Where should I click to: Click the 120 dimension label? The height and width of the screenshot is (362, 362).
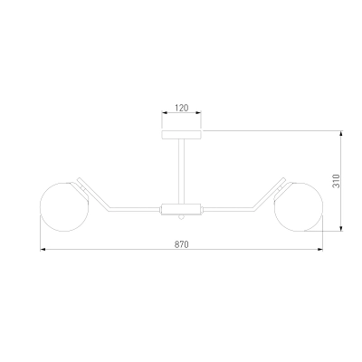(182, 108)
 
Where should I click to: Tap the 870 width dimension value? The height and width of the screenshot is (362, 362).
(182, 244)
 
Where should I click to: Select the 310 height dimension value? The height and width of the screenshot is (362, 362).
(336, 181)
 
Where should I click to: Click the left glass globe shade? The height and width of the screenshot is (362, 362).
(64, 207)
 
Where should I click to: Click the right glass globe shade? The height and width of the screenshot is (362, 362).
(299, 207)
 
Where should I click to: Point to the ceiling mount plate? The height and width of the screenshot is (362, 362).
(182, 135)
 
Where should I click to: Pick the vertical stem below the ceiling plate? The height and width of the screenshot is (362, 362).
(182, 171)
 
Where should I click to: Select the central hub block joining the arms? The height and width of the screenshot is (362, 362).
(181, 209)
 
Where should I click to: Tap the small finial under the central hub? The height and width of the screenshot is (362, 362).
(181, 217)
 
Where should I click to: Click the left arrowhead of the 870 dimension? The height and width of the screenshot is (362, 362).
(43, 250)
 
